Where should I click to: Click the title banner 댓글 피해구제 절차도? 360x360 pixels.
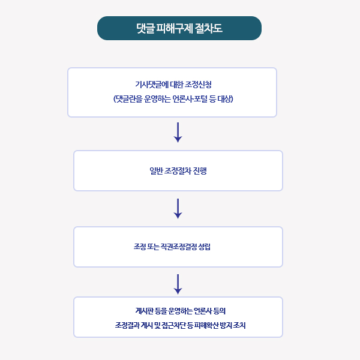click(x=179, y=28)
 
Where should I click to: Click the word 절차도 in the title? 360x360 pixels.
click(x=208, y=28)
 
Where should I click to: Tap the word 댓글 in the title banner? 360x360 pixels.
click(x=145, y=28)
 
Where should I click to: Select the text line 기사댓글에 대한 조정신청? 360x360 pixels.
click(x=173, y=85)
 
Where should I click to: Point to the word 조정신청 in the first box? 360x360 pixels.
click(x=198, y=85)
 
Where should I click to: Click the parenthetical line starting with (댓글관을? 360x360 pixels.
click(x=173, y=99)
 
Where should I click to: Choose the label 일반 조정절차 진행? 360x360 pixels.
click(x=178, y=171)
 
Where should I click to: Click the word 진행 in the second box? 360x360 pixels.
click(x=200, y=171)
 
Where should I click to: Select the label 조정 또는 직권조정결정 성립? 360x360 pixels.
click(x=172, y=247)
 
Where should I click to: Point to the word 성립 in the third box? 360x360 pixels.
click(x=204, y=247)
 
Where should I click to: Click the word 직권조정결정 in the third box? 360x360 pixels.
click(x=178, y=247)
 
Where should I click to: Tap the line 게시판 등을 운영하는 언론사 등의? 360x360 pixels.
click(x=181, y=311)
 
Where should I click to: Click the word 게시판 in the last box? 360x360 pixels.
click(x=144, y=311)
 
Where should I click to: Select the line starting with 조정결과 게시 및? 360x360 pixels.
click(x=181, y=325)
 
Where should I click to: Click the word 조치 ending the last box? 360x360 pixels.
click(x=239, y=325)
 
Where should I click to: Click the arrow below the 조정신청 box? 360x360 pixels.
click(x=178, y=133)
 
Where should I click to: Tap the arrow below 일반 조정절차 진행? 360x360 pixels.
click(x=178, y=209)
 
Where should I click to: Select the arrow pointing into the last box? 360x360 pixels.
click(x=178, y=284)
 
